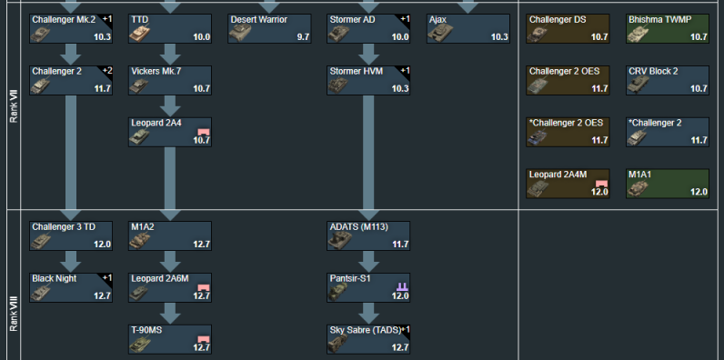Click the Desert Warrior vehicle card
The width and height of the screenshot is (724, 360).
coord(269,28)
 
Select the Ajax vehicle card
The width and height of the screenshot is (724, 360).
coord(468,28)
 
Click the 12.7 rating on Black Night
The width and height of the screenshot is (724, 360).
coord(103,295)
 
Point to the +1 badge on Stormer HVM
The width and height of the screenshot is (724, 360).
coord(405,71)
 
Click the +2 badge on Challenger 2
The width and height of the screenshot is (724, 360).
coord(107,71)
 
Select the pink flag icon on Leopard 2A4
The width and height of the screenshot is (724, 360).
coord(204,132)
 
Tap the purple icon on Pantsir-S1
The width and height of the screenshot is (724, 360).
coord(402,287)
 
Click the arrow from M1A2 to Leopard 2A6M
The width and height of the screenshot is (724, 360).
coord(170,262)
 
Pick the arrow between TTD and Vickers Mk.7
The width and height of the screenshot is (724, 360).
coord(170,55)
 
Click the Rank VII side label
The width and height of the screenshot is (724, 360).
coord(14,105)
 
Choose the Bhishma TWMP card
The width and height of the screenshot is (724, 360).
coord(668,28)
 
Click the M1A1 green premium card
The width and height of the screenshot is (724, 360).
coord(668,184)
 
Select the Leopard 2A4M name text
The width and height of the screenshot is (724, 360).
coord(557,175)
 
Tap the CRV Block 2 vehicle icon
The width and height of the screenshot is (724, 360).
coord(639,85)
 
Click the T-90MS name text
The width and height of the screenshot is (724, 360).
coord(146,330)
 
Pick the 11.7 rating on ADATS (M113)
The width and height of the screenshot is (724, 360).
coord(400,245)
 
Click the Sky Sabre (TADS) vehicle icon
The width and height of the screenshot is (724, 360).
coord(338,344)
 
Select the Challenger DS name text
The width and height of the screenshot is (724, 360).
coord(558,19)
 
